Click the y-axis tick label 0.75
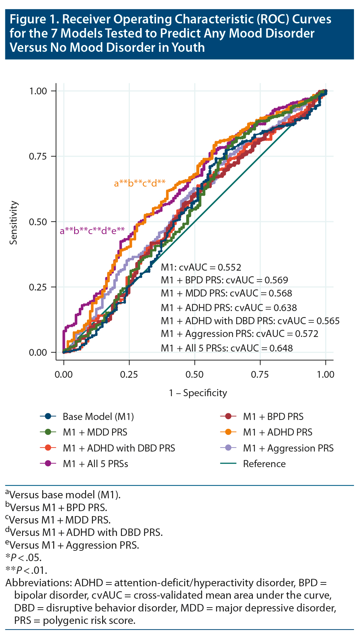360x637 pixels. tap(38, 156)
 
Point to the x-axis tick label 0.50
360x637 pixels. tap(195, 375)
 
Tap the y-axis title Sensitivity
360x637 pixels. tap(13, 223)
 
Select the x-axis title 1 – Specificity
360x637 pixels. tap(198, 393)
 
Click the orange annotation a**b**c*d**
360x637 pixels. tap(140, 183)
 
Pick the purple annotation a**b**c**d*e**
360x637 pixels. tap(92, 231)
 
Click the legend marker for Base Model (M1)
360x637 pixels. tap(49, 416)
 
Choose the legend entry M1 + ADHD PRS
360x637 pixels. tap(278, 432)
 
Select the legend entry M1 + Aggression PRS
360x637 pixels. tap(288, 448)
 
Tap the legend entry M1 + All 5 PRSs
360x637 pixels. tap(95, 464)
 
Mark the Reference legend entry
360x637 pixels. tap(264, 464)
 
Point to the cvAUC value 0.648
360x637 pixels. tap(281, 348)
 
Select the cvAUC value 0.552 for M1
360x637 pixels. tap(229, 267)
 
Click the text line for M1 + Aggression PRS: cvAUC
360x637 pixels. tap(239, 334)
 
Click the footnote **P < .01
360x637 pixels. tap(26, 570)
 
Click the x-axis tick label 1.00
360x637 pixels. tap(326, 375)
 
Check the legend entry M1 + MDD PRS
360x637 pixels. tap(95, 432)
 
